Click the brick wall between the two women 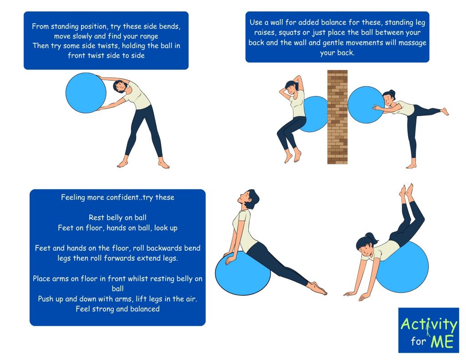click(x=337, y=117)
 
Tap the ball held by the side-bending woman click(x=86, y=93)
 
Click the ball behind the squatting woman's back click(x=314, y=114)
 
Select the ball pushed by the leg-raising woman click(x=366, y=105)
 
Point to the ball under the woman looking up click(x=243, y=273)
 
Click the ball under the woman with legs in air click(x=403, y=267)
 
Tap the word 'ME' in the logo click(x=442, y=342)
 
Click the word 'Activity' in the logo click(x=429, y=325)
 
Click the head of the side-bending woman click(x=120, y=86)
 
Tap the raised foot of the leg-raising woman click(x=445, y=112)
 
